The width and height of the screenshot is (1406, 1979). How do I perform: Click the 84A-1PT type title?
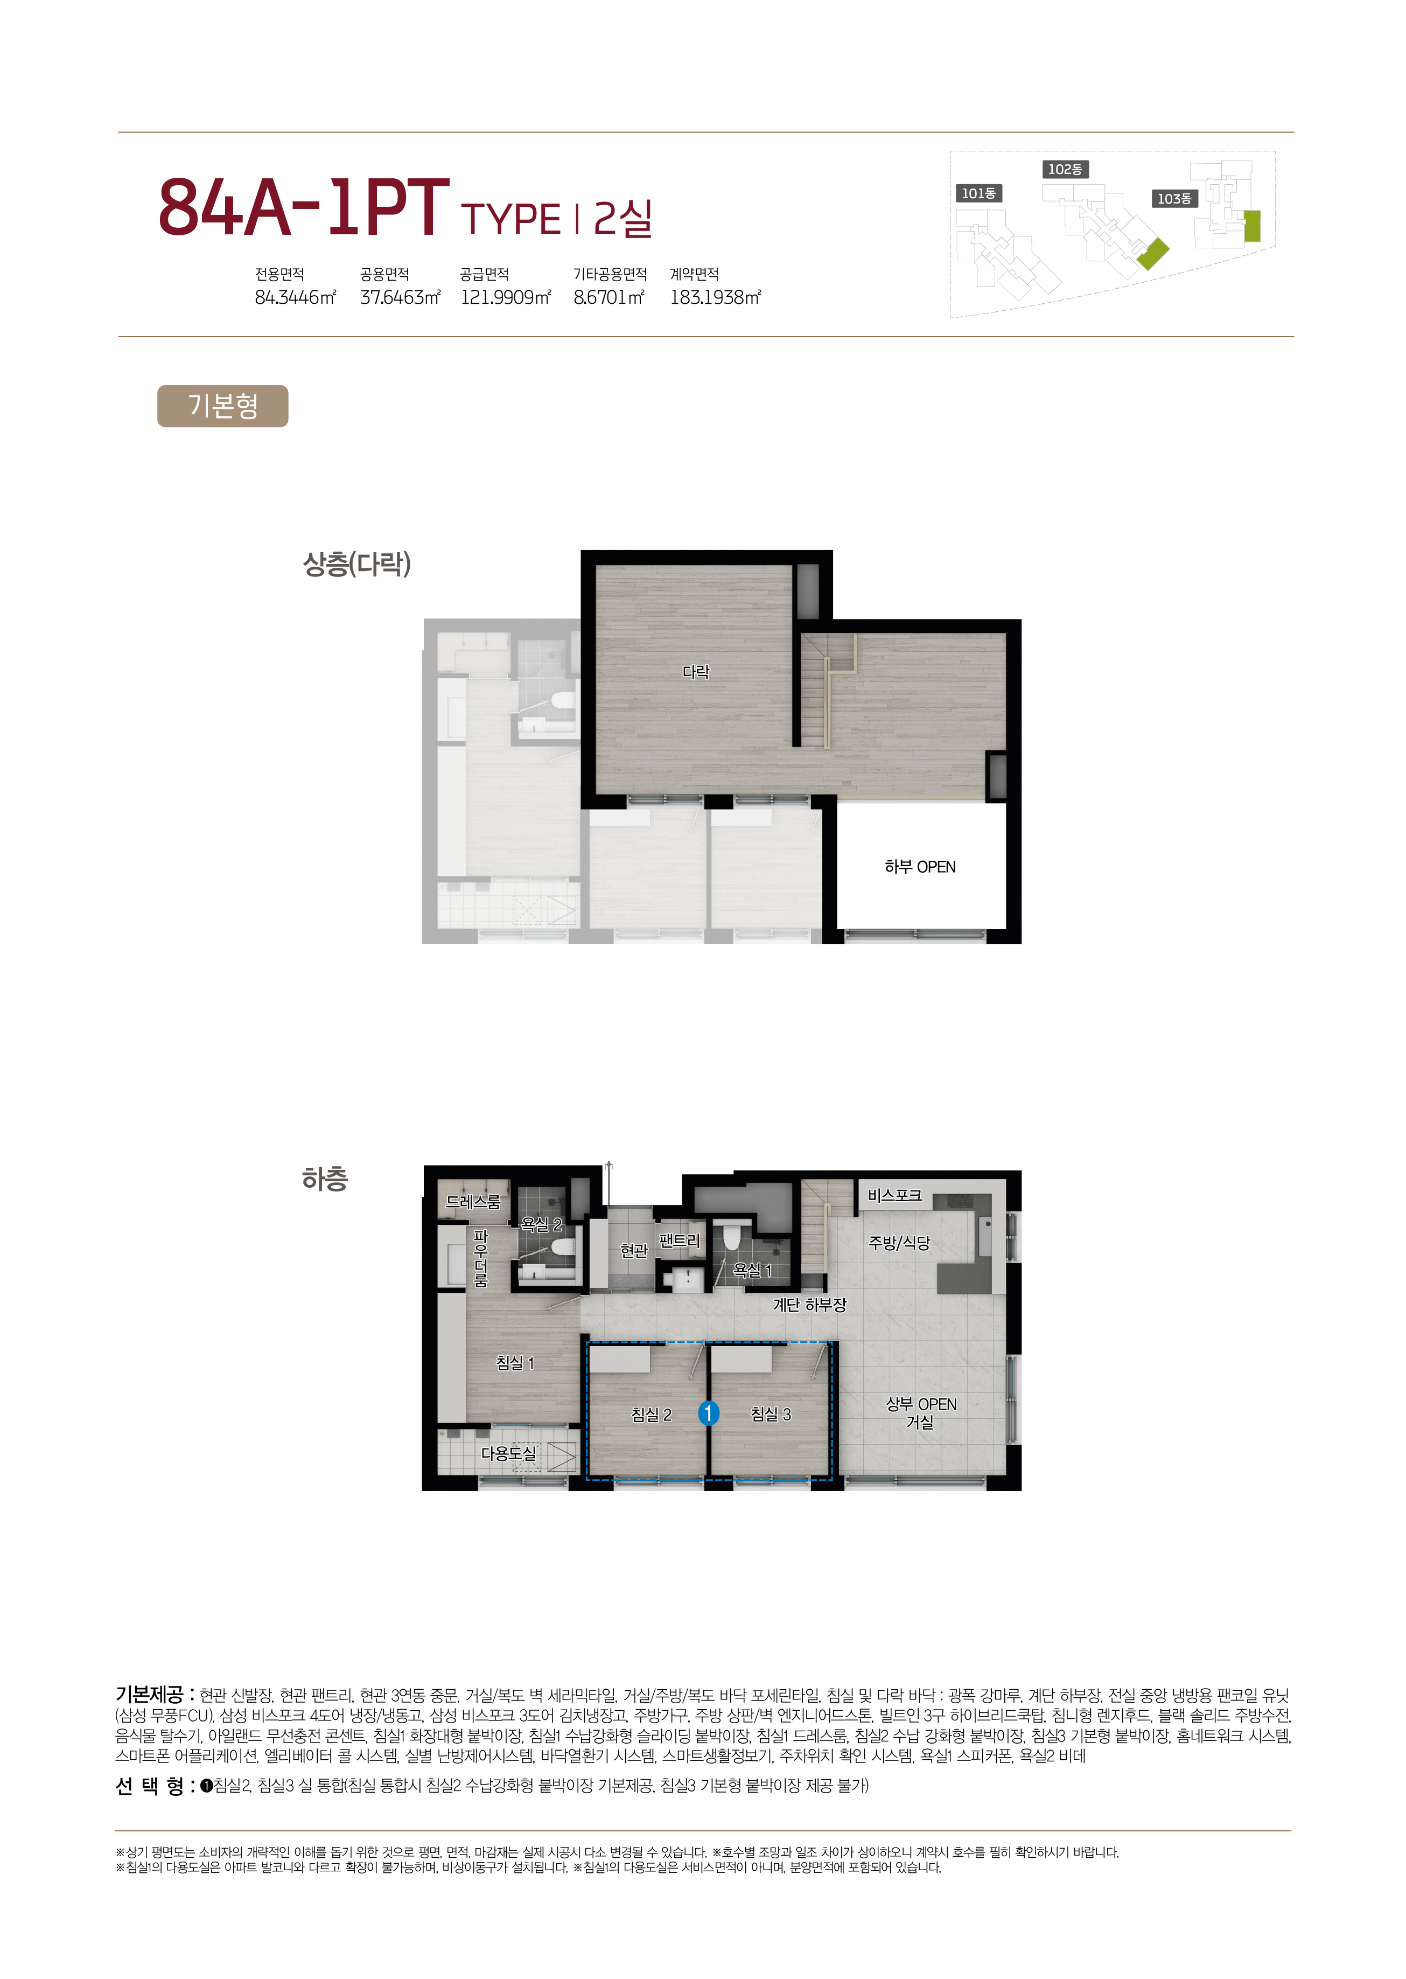coord(304,208)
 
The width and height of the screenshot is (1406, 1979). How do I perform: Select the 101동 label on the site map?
coord(979,193)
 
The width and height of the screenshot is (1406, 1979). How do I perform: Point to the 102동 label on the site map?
coord(1065,169)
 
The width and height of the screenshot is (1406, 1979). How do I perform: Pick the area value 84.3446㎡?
coord(295,297)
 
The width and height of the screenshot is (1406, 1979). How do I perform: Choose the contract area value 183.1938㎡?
coord(715,297)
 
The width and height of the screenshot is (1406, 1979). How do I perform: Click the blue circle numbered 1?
coord(708,1413)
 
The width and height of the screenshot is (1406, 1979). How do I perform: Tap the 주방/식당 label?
coord(899,1243)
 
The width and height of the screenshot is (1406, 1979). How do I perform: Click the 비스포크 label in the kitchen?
coord(894,1195)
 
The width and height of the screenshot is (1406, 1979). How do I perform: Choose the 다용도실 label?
coord(508,1453)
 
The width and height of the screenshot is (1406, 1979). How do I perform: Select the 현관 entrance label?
coord(634,1251)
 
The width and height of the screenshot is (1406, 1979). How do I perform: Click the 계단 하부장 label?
coord(809,1304)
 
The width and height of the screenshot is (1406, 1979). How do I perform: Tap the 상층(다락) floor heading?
coord(356,564)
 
